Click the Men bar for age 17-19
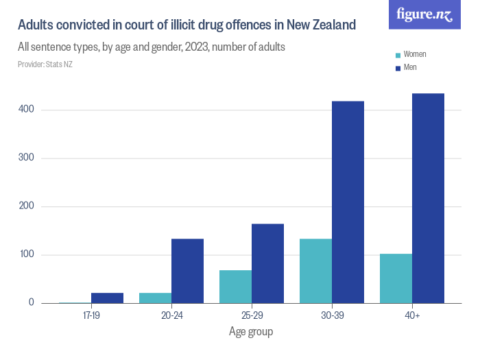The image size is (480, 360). coord(107,298)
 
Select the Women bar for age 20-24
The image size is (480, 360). coord(155,298)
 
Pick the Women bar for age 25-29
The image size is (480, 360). coord(235,287)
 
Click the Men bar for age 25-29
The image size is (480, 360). coord(267,263)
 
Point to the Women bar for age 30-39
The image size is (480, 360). coord(315,271)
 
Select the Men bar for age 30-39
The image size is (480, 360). coord(348,202)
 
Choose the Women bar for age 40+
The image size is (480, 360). coord(396,278)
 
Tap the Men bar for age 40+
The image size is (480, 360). coord(428,198)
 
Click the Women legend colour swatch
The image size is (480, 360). coord(398,55)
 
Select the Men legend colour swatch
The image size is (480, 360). coord(398,67)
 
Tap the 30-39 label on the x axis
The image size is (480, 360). coord(331,317)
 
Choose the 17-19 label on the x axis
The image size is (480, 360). coord(91,317)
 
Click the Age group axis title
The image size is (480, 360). coord(251,332)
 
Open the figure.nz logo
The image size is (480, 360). coord(424,14)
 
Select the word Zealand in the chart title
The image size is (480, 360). coord(333,25)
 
